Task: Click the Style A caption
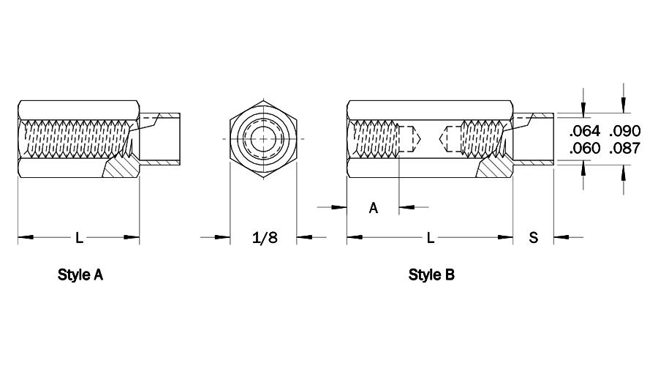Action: (80, 274)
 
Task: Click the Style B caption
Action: (431, 274)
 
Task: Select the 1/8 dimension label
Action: (265, 237)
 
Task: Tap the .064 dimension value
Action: (585, 131)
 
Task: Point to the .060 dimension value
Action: (585, 149)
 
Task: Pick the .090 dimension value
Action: (625, 131)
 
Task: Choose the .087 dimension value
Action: (625, 149)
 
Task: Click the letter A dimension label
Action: (373, 208)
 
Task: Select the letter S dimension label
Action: (534, 237)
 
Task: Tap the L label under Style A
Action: (79, 237)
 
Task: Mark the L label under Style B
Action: (430, 237)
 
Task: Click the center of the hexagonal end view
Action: (263, 138)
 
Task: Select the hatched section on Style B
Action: (496, 168)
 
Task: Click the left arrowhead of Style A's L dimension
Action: (26, 237)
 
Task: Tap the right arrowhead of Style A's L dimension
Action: (132, 237)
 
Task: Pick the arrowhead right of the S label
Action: (562, 237)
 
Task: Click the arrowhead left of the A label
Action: (339, 207)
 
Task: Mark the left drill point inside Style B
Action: (417, 138)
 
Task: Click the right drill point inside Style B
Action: (443, 138)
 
